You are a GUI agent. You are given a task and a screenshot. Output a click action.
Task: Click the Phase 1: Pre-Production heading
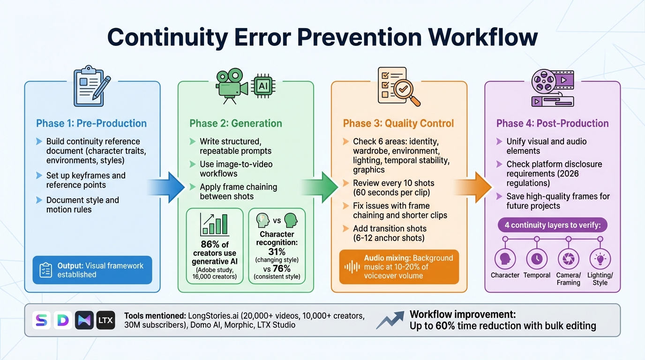91,123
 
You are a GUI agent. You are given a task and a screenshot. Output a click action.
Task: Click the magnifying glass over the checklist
406,91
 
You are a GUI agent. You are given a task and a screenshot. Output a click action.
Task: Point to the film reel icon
544,83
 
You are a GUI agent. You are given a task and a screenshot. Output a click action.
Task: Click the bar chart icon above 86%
214,225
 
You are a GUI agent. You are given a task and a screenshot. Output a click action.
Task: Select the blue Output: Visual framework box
92,270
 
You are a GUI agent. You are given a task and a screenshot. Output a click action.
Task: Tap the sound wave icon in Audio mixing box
352,267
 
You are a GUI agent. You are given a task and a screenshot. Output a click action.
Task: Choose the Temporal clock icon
537,259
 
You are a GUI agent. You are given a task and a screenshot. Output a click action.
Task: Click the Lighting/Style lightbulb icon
600,259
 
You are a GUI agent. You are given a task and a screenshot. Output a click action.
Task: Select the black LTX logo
105,320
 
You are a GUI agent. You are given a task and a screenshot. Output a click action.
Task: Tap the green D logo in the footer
63,320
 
